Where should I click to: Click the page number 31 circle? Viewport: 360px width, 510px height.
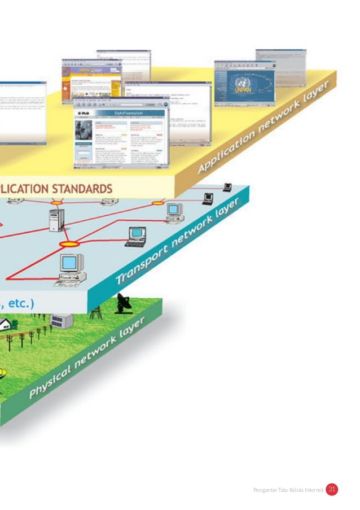[332, 490]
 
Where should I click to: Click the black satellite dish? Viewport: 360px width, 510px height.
[124, 303]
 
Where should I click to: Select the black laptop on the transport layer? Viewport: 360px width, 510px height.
[136, 236]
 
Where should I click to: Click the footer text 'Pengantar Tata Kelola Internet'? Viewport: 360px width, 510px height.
[288, 490]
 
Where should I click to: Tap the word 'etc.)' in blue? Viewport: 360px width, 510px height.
[20, 303]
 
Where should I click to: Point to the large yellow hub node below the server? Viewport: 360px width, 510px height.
[69, 244]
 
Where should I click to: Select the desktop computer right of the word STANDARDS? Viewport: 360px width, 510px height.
[174, 212]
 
